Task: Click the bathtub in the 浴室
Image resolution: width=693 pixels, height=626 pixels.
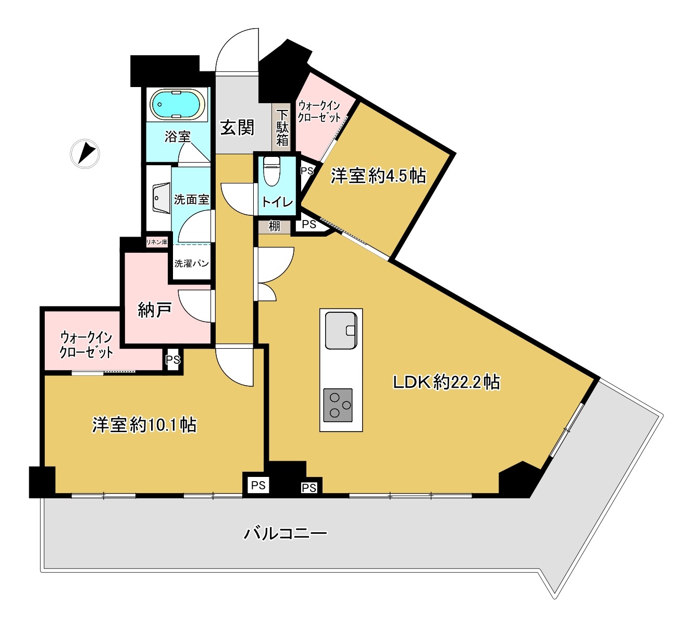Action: click(178, 104)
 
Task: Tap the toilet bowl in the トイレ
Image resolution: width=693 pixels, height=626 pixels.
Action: click(271, 171)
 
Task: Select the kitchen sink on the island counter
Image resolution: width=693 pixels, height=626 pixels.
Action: click(341, 330)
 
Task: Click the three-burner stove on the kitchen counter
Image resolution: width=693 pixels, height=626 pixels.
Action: click(338, 405)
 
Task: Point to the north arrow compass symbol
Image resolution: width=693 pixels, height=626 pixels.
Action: click(85, 154)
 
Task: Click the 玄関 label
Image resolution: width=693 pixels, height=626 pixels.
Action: click(237, 128)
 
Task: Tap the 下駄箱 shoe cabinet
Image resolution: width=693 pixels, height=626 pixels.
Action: click(281, 127)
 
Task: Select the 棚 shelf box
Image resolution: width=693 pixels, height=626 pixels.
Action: click(274, 227)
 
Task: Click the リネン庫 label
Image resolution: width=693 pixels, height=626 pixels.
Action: click(157, 242)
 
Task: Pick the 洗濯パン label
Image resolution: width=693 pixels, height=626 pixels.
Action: click(191, 263)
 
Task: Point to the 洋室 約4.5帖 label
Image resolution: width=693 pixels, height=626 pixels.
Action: click(378, 176)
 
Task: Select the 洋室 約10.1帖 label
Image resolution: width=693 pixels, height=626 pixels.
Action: click(144, 425)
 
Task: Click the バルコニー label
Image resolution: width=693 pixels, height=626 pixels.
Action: click(286, 533)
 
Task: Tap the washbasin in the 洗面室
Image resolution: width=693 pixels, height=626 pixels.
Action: click(160, 199)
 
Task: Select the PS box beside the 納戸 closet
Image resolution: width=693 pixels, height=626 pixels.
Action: click(173, 360)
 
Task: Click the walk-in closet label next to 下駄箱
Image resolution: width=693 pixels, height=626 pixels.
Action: click(319, 112)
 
